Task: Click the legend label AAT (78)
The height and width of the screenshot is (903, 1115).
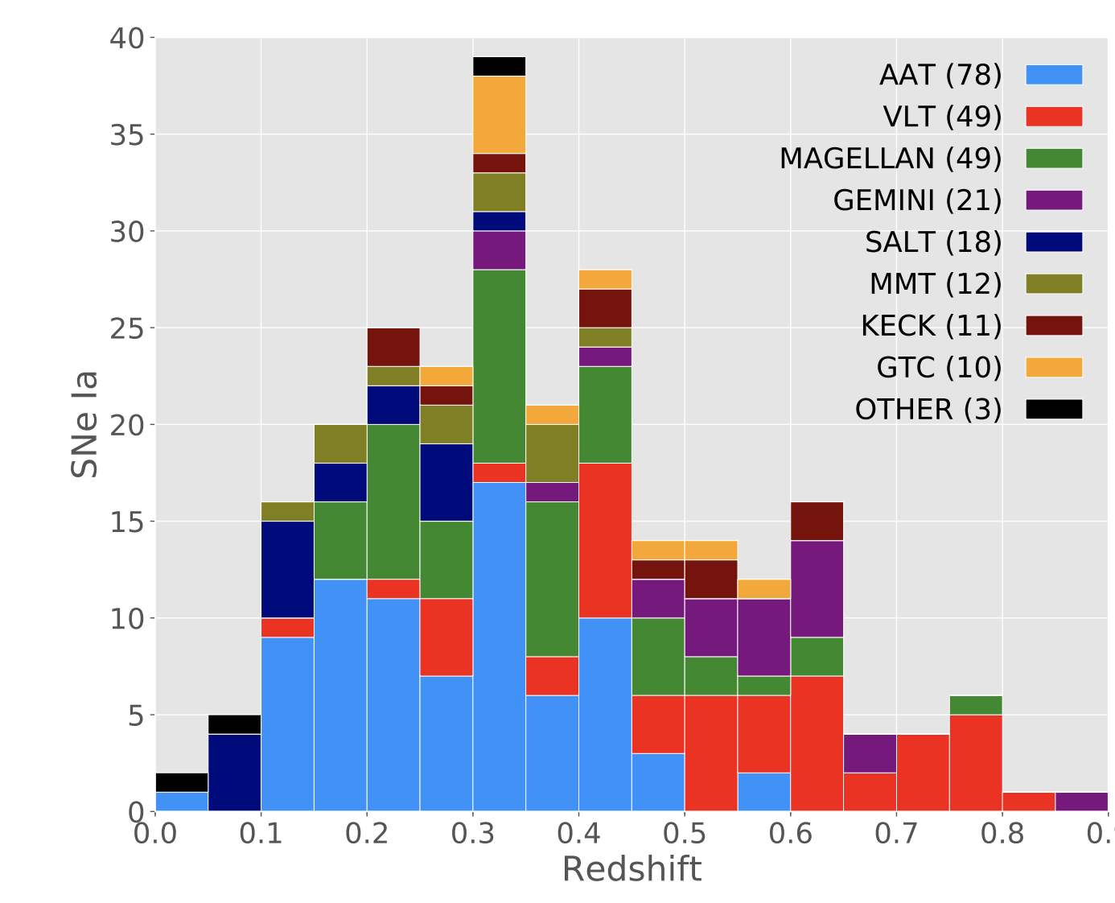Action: (x=940, y=75)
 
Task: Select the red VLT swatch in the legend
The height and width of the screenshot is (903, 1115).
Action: (x=1054, y=117)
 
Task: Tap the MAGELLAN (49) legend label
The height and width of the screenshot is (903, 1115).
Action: (x=890, y=159)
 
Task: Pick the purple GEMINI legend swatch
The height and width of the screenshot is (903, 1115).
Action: (x=1054, y=200)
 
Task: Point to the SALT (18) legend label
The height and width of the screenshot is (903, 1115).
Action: (x=933, y=242)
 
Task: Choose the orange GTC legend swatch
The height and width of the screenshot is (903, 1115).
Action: (x=1054, y=368)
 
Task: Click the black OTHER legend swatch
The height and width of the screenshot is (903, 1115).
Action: (x=1054, y=410)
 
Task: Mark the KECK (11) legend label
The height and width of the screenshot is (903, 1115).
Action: (x=931, y=326)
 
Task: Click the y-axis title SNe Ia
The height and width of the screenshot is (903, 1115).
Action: (x=85, y=424)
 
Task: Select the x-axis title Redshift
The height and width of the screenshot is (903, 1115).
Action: (x=632, y=870)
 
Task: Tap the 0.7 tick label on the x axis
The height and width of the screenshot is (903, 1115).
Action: (x=896, y=833)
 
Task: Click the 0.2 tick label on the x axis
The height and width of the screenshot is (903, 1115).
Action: (x=367, y=833)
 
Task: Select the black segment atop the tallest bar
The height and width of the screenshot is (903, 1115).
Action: (x=499, y=66)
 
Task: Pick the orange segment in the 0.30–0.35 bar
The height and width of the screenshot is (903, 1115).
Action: (x=499, y=114)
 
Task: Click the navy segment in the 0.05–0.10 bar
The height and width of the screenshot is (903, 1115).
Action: (x=234, y=773)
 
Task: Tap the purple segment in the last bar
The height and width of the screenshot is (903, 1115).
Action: (x=1080, y=802)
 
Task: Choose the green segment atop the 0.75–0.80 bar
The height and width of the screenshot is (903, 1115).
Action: (x=975, y=705)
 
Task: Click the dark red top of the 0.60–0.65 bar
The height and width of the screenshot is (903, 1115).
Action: (x=817, y=521)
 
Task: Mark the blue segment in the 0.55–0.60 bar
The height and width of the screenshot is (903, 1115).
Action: (x=763, y=792)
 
